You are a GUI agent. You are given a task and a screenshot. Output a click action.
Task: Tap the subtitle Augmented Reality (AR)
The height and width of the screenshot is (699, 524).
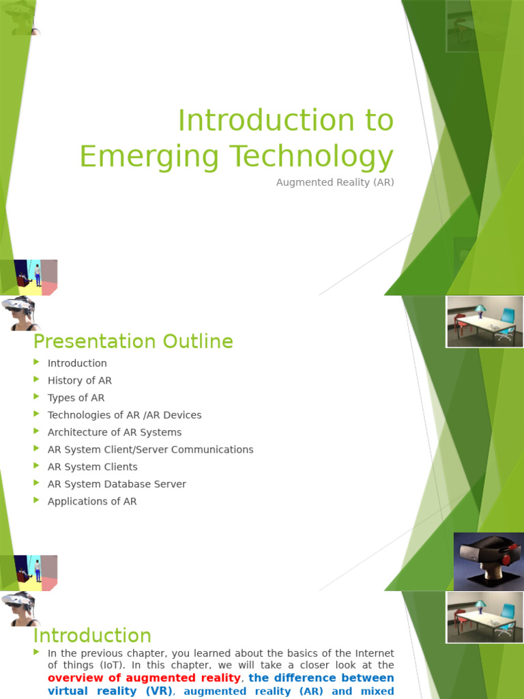click(335, 183)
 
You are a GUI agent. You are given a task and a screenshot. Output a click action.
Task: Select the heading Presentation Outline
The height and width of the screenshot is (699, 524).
click(133, 341)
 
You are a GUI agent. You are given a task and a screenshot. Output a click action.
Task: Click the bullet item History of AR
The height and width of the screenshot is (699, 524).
click(79, 380)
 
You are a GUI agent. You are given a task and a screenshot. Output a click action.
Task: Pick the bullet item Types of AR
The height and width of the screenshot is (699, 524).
click(76, 397)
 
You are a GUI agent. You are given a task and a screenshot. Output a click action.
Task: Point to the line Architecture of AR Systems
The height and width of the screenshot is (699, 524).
click(114, 432)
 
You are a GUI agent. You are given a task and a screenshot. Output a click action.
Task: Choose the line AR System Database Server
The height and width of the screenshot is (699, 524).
click(117, 484)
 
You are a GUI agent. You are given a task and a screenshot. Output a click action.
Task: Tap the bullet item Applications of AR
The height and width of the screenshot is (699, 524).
click(92, 501)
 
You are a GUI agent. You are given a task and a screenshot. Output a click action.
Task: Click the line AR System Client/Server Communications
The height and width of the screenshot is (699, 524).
click(150, 449)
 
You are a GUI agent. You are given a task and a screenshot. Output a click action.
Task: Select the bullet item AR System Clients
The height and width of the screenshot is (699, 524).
click(92, 467)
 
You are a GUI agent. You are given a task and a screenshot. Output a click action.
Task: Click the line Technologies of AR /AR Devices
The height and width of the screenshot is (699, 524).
click(124, 415)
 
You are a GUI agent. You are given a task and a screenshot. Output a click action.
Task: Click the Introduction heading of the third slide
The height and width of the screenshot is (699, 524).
click(92, 636)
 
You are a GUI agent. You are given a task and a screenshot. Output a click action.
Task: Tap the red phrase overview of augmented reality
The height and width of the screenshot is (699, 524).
click(144, 678)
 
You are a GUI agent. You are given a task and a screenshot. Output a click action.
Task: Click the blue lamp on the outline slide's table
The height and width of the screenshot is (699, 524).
click(480, 311)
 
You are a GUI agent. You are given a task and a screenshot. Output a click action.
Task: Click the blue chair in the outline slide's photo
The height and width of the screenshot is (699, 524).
click(507, 317)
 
